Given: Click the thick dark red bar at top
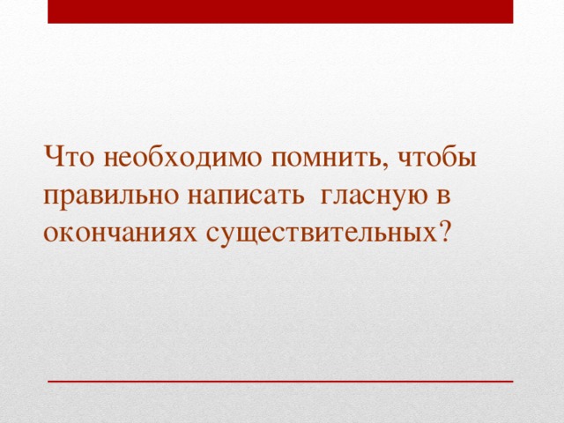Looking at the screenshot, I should click(280, 11).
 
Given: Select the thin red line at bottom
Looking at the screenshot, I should click(280, 380).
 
